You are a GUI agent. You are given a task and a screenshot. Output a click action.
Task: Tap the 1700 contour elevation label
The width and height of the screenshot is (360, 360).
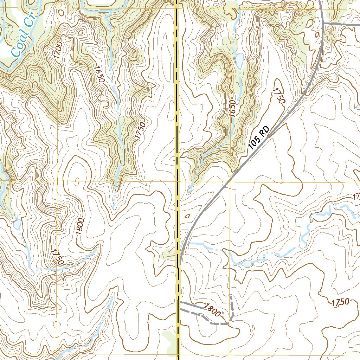pos(58,49)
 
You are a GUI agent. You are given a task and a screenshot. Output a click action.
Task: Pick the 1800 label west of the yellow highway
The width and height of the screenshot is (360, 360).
pos(80,226)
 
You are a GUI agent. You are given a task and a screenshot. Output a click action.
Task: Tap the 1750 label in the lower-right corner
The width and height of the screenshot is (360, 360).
pos(340,302)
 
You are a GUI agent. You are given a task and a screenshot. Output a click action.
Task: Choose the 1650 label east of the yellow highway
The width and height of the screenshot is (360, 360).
pos(232,108)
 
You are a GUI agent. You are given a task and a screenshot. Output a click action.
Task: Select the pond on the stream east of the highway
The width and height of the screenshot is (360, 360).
pos(247,263)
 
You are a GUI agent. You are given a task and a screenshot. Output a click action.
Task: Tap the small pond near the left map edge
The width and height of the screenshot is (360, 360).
pos(17,224)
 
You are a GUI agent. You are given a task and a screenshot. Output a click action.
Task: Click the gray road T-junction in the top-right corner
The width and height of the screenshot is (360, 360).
pos(324,24)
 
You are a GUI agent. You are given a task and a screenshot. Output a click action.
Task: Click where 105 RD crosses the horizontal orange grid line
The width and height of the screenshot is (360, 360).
pos(229,181)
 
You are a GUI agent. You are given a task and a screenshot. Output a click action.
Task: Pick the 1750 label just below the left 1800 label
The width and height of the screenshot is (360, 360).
pos(57,257)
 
